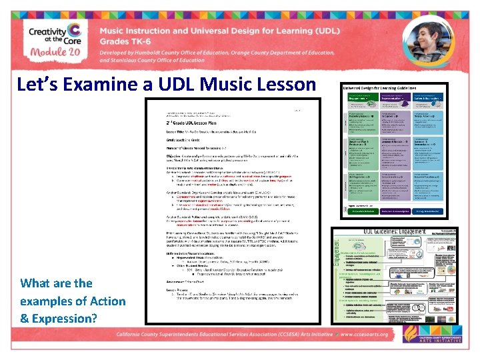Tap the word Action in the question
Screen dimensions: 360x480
point(107,301)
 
